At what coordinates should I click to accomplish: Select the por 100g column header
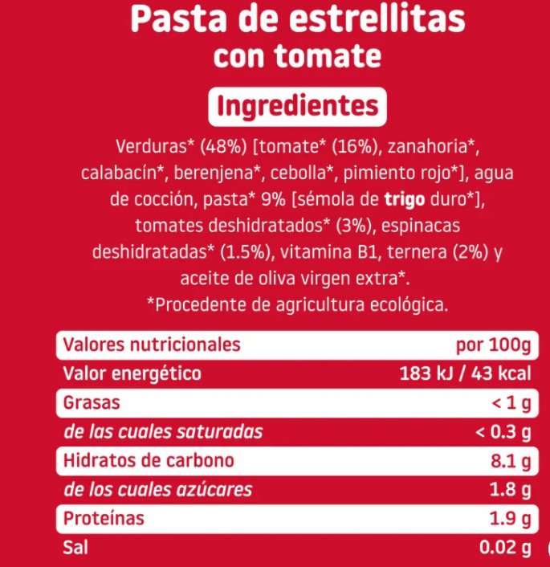[x=493, y=345]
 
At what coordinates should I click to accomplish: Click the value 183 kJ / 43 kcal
[x=465, y=373]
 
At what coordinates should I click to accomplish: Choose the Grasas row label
[x=92, y=402]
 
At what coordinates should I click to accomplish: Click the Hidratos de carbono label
[x=149, y=460]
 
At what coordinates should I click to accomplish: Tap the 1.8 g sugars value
[x=509, y=490]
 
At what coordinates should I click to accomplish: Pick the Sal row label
[x=75, y=548]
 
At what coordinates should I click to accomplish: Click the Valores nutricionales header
[x=152, y=345]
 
